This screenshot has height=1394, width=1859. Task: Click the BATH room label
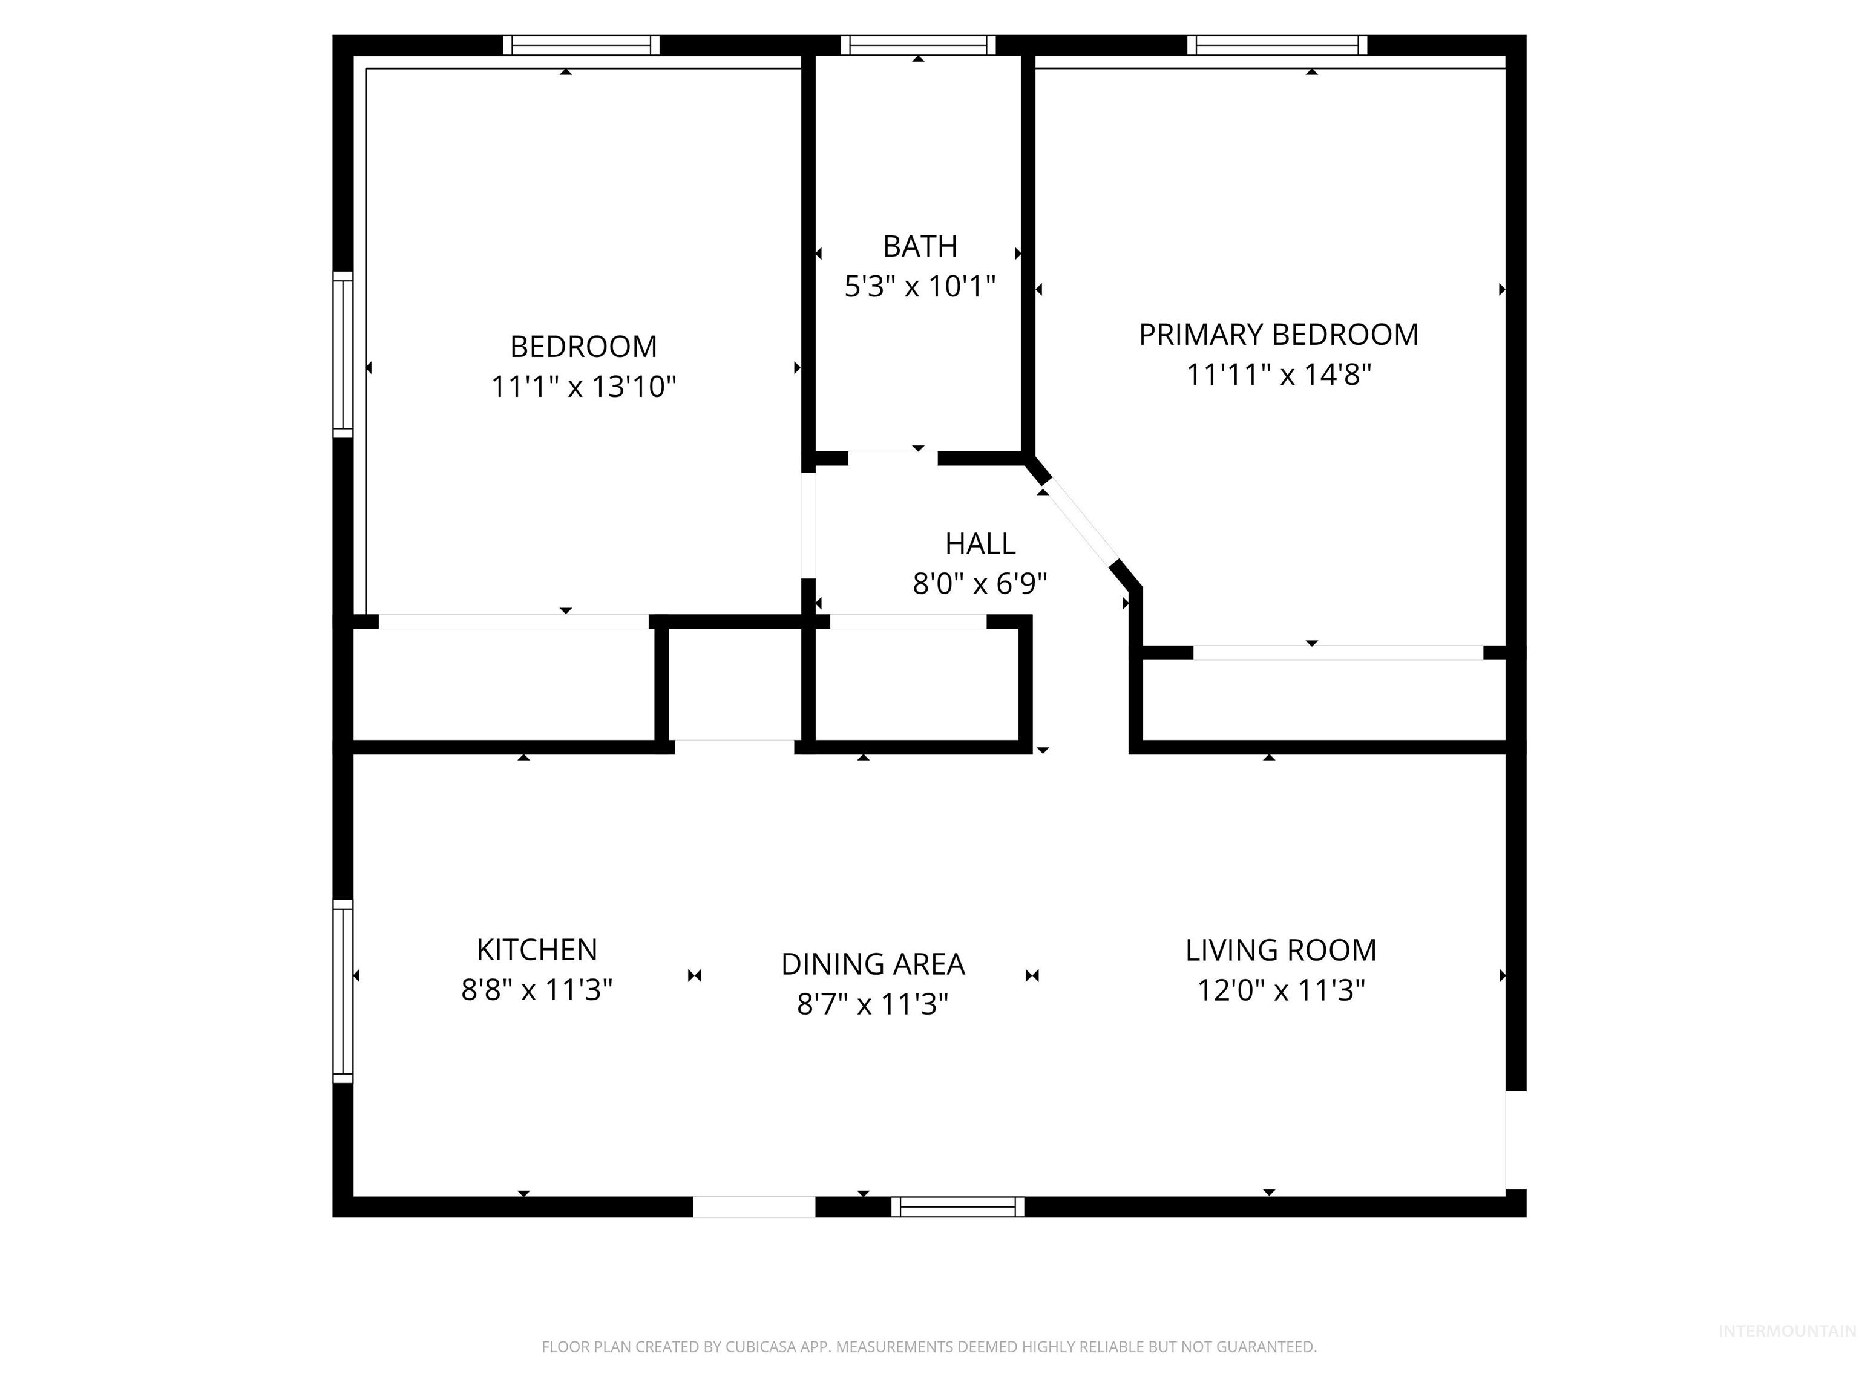pyautogui.click(x=919, y=246)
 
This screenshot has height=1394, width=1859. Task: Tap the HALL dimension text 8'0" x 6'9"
pyautogui.click(x=979, y=583)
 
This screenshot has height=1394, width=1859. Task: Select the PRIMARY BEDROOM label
pyautogui.click(x=1277, y=335)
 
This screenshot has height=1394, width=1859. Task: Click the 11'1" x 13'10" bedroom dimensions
pyautogui.click(x=583, y=387)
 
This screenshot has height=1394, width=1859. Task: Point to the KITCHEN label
pyautogui.click(x=536, y=949)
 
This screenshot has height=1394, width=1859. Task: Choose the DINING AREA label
pyautogui.click(x=873, y=964)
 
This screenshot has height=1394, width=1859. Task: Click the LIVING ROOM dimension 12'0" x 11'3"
pyautogui.click(x=1280, y=990)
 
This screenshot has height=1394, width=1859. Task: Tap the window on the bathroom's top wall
pyautogui.click(x=918, y=45)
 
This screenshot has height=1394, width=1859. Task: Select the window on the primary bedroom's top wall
pyautogui.click(x=1277, y=45)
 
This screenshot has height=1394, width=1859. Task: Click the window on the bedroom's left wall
pyautogui.click(x=343, y=354)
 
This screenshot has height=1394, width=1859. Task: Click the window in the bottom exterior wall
pyautogui.click(x=957, y=1206)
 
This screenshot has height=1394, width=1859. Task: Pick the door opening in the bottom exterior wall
pyautogui.click(x=754, y=1206)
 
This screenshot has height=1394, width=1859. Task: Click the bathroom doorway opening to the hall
pyautogui.click(x=893, y=458)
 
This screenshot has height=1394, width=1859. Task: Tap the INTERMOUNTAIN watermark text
pyautogui.click(x=1786, y=1330)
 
